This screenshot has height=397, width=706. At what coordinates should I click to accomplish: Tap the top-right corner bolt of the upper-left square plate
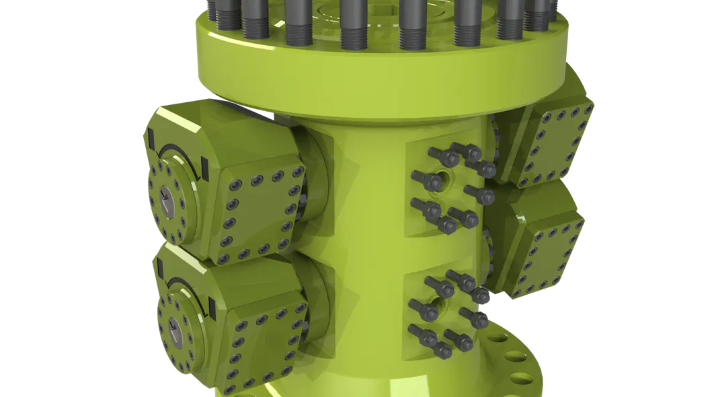(295, 173)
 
